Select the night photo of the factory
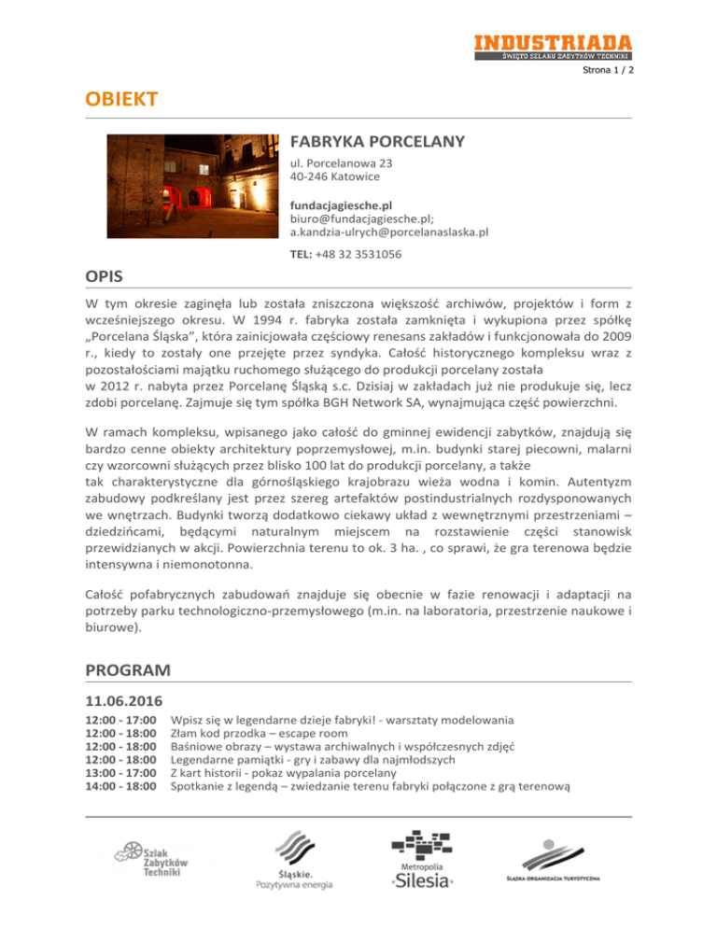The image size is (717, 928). coord(190,187)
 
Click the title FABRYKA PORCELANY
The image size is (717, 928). coord(377,143)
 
